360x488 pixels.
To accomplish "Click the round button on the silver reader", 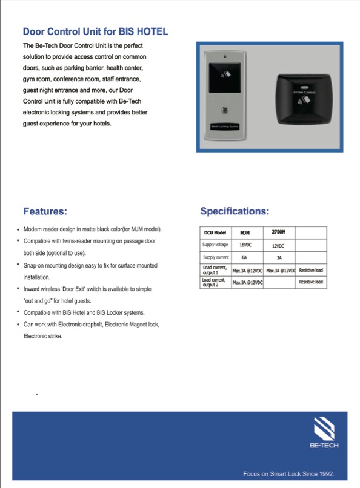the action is coord(226,111).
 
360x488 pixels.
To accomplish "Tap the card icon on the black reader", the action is coord(307,97).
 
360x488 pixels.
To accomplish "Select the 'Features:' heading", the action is coord(45,212).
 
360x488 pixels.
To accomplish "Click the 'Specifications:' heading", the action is coord(235,212).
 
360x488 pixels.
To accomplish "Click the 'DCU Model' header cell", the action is coord(216,232).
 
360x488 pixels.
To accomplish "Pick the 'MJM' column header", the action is coord(245,232).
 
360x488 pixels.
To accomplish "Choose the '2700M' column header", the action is coord(279,231).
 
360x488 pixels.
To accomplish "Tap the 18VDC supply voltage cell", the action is coord(245,245).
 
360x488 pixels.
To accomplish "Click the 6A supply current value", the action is coord(244,258).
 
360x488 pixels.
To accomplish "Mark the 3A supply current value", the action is coord(278,258).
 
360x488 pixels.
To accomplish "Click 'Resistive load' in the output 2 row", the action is coord(311,282).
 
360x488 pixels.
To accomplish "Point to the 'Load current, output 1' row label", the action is coord(214,270).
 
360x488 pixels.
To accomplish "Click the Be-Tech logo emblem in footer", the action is coord(324,429).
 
